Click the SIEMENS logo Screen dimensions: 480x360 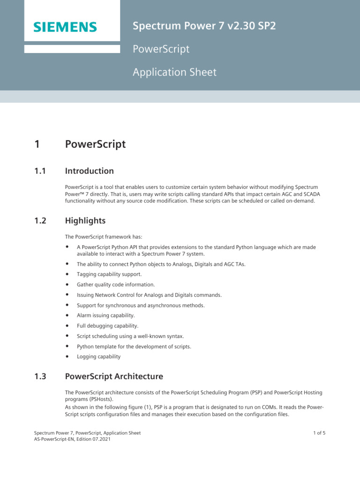pyautogui.click(x=65, y=27)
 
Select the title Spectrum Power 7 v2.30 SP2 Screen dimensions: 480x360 pyautogui.click(x=204, y=26)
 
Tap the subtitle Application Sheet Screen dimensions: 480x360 pyautogui.click(x=174, y=72)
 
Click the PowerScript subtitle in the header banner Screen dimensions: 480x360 pyautogui.click(x=161, y=49)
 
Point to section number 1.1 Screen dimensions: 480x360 pyautogui.click(x=40, y=171)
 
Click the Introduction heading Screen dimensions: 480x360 pyautogui.click(x=89, y=171)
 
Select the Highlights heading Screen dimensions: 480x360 pyautogui.click(x=85, y=220)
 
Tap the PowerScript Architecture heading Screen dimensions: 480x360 pyautogui.click(x=114, y=376)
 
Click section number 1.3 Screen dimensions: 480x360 pyautogui.click(x=40, y=376)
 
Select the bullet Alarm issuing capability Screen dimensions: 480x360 pyautogui.click(x=105, y=315)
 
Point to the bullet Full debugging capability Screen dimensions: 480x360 pyautogui.click(x=107, y=326)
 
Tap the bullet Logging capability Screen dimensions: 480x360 pyautogui.click(x=98, y=357)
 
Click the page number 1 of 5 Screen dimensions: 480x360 pyautogui.click(x=319, y=433)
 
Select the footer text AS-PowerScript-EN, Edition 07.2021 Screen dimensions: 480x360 pyautogui.click(x=72, y=440)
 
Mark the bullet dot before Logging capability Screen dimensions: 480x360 pyautogui.click(x=67, y=356)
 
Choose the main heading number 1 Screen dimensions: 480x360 pyautogui.click(x=37, y=144)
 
